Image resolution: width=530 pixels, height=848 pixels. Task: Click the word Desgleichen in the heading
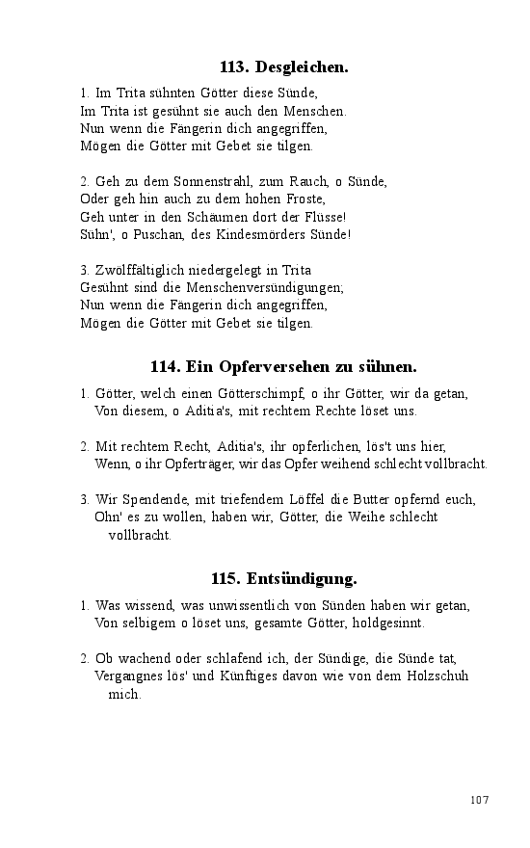pyautogui.click(x=302, y=67)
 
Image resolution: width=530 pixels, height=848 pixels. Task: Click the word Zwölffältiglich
pyautogui.click(x=140, y=270)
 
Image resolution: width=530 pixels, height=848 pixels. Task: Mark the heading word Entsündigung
pyautogui.click(x=302, y=579)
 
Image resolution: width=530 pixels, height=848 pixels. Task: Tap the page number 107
pyautogui.click(x=480, y=800)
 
